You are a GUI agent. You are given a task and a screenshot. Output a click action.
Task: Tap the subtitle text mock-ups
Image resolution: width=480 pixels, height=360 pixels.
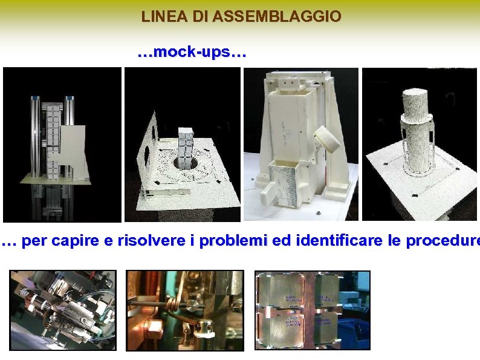[192, 53]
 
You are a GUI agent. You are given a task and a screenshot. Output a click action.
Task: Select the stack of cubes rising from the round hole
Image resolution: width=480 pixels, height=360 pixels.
[185, 144]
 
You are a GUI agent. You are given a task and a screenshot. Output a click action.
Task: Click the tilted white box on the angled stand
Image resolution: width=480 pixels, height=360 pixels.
[331, 139]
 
